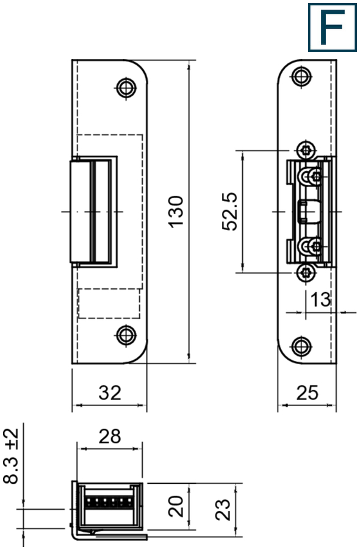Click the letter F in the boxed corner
[x=332, y=27]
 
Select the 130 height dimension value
[x=176, y=211]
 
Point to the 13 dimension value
[x=319, y=299]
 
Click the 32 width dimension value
[x=110, y=392]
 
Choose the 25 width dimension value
[x=308, y=392]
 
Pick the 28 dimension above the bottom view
[x=110, y=436]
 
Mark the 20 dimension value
[x=178, y=507]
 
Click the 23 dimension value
[x=224, y=507]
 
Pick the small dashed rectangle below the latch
[x=109, y=303]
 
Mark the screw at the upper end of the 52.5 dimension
[x=306, y=149]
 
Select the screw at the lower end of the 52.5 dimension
[x=306, y=273]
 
